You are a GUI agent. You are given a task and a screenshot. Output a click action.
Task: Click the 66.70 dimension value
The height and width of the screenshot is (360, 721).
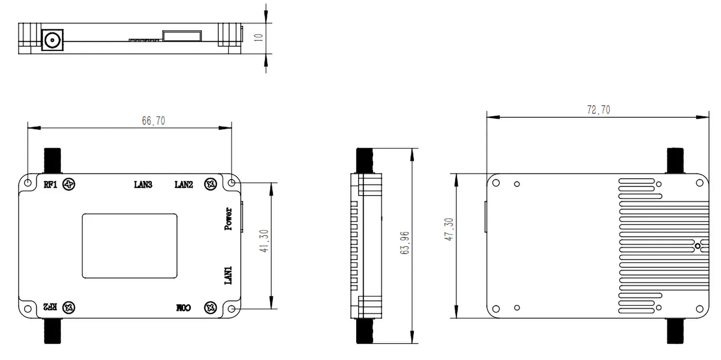pyautogui.click(x=153, y=121)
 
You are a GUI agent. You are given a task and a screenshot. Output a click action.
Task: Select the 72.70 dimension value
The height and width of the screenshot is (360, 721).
pyautogui.click(x=598, y=110)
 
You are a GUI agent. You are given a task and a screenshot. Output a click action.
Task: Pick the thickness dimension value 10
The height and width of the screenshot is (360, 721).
pyautogui.click(x=259, y=38)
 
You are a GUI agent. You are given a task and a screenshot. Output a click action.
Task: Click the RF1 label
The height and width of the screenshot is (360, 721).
pyautogui.click(x=50, y=185)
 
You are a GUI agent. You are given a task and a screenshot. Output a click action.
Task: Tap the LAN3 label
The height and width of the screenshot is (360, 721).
pyautogui.click(x=143, y=185)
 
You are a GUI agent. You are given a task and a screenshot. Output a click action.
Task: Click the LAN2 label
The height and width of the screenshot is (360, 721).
pyautogui.click(x=184, y=185)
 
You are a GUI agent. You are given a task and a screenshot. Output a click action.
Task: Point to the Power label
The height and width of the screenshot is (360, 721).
pyautogui.click(x=229, y=219)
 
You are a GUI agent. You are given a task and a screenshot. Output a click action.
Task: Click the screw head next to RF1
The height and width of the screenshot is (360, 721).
pyautogui.click(x=70, y=184)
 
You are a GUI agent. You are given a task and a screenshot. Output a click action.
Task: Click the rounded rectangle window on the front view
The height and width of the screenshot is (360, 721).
pyautogui.click(x=129, y=246)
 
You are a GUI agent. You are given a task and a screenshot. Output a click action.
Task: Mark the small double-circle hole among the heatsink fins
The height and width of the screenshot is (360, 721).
pyautogui.click(x=698, y=246)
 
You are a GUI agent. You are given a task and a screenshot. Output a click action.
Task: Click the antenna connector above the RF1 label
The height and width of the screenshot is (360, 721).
pyautogui.click(x=52, y=161)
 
